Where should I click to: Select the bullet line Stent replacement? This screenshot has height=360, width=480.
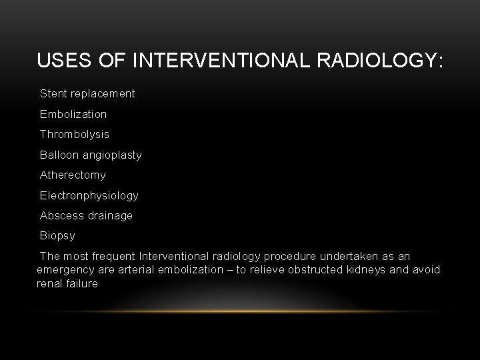[x=87, y=93]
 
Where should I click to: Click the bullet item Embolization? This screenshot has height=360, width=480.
[x=73, y=114]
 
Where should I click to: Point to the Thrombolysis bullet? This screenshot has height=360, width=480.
[x=75, y=134]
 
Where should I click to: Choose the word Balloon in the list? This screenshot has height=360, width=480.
[x=57, y=155]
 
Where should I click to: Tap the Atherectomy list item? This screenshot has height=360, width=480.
[x=73, y=175]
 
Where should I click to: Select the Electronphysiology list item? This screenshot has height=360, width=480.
[x=89, y=195]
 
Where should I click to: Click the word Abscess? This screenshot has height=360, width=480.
[x=59, y=215]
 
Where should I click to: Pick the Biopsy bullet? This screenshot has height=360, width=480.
[x=57, y=235]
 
